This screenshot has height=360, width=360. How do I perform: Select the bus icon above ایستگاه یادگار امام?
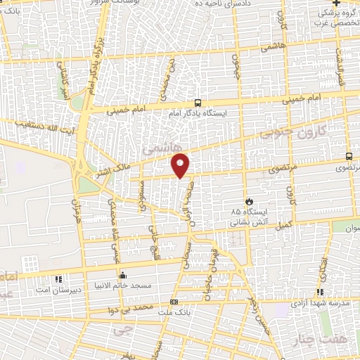198,101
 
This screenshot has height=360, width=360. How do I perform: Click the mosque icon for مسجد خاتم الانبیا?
123,275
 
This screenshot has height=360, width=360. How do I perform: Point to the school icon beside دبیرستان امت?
58,279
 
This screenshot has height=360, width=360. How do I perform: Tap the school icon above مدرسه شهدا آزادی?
321,292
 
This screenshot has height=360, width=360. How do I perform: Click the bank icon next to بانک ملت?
174,302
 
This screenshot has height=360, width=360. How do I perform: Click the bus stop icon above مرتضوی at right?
349,157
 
